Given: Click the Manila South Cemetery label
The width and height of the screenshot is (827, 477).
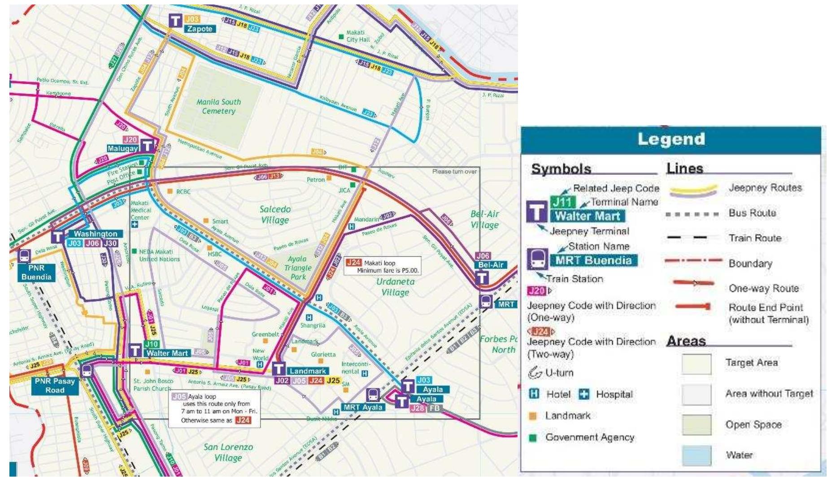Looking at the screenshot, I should pyautogui.click(x=218, y=106).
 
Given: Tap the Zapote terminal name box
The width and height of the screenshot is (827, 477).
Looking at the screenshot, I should pyautogui.click(x=200, y=29).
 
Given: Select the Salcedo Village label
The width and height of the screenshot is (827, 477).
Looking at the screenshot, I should pyautogui.click(x=275, y=214).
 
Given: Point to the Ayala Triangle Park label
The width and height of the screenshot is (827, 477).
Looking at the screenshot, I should pyautogui.click(x=297, y=268).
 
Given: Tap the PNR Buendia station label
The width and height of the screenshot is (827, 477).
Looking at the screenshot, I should pyautogui.click(x=36, y=272).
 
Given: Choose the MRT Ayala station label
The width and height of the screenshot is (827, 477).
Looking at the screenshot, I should pyautogui.click(x=363, y=407).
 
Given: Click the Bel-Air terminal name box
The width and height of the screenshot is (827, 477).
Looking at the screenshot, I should pyautogui.click(x=491, y=265).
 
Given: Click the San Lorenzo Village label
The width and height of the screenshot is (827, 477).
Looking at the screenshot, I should pyautogui.click(x=228, y=452).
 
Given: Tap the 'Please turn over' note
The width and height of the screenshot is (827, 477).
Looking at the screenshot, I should pyautogui.click(x=454, y=172).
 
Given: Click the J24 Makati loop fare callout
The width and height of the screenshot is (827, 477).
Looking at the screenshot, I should pyautogui.click(x=383, y=266).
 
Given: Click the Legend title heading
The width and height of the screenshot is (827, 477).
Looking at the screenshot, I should pyautogui.click(x=671, y=139).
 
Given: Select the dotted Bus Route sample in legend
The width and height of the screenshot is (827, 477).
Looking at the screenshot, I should pyautogui.click(x=692, y=213).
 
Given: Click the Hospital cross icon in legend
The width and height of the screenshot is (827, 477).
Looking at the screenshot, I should pyautogui.click(x=584, y=394).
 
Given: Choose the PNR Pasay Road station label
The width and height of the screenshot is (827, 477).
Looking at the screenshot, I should pyautogui.click(x=55, y=386).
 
